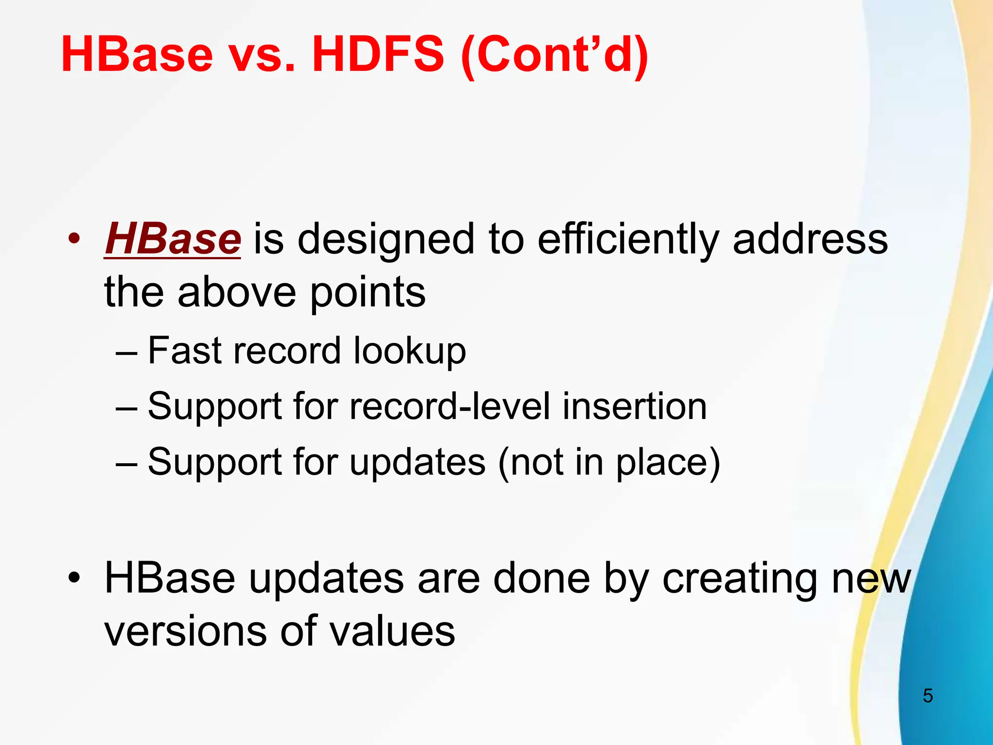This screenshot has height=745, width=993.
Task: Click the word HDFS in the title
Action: [378, 54]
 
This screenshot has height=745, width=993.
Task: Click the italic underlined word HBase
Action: [173, 239]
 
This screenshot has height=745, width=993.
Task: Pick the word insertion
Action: [634, 406]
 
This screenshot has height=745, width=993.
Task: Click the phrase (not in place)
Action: [609, 462]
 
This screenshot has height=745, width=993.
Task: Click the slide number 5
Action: [928, 696]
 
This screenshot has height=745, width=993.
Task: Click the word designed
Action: [386, 241]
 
